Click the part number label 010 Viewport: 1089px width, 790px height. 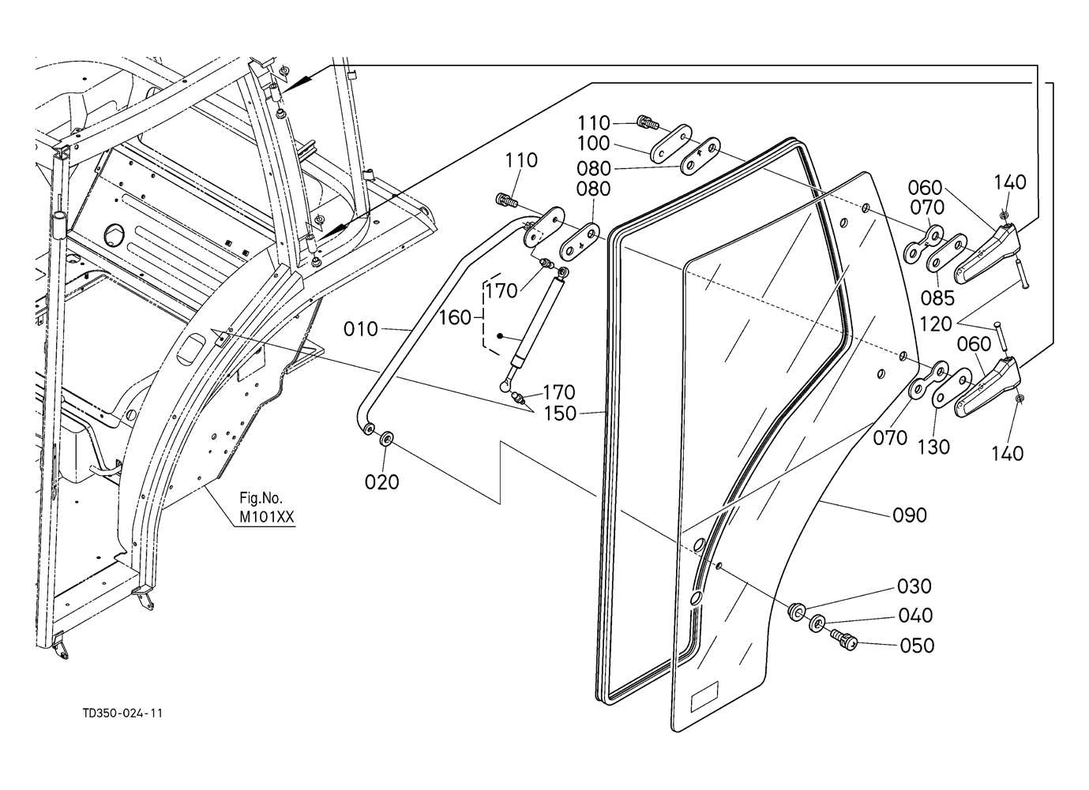(360, 329)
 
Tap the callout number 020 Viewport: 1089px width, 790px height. (381, 482)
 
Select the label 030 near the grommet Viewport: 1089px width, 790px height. (914, 586)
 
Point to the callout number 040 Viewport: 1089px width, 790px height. (915, 616)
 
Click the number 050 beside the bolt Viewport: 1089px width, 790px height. (917, 646)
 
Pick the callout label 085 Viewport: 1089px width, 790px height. (937, 298)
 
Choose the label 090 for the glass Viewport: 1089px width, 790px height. (910, 515)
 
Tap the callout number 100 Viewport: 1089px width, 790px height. (593, 144)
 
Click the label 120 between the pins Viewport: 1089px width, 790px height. (935, 324)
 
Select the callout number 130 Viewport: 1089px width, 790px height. (933, 447)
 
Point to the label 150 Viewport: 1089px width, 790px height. (560, 414)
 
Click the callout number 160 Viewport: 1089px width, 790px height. (455, 318)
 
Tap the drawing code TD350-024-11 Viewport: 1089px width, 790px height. (122, 713)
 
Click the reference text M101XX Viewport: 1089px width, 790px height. (267, 516)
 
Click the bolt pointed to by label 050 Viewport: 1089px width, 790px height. (843, 639)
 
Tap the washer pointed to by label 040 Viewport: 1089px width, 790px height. (817, 623)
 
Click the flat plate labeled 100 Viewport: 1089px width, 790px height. (671, 144)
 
